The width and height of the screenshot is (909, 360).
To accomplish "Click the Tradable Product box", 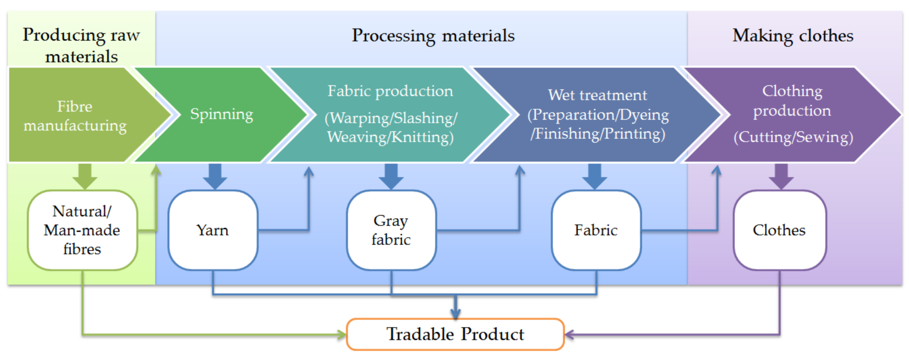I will (x=455, y=334).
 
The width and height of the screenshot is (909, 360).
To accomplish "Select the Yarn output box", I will (x=213, y=230).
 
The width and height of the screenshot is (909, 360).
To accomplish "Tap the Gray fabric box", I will (x=391, y=230).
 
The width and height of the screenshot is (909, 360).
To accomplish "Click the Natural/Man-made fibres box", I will (x=82, y=230).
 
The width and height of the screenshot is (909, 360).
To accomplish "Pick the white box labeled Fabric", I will (x=596, y=230).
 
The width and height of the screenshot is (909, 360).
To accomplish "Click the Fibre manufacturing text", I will (x=75, y=116).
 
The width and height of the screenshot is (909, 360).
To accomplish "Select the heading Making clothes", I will (x=793, y=36).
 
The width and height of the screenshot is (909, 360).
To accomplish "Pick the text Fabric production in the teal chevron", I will (x=390, y=91).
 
